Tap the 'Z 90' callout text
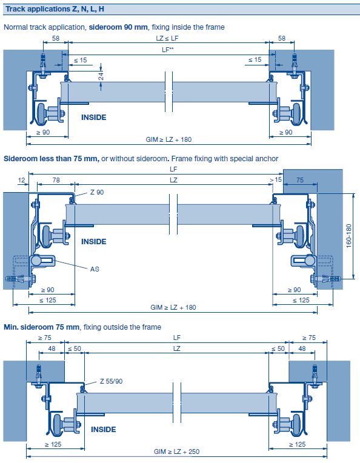pyautogui.click(x=97, y=193)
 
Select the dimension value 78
pyautogui.click(x=56, y=180)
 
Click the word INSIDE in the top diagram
pyautogui.click(x=94, y=117)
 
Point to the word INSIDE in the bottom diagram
pyautogui.click(x=103, y=429)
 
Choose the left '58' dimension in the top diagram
pyautogui.click(x=56, y=38)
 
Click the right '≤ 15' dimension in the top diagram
pyautogui.click(x=255, y=60)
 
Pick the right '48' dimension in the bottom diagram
pyautogui.click(x=301, y=348)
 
